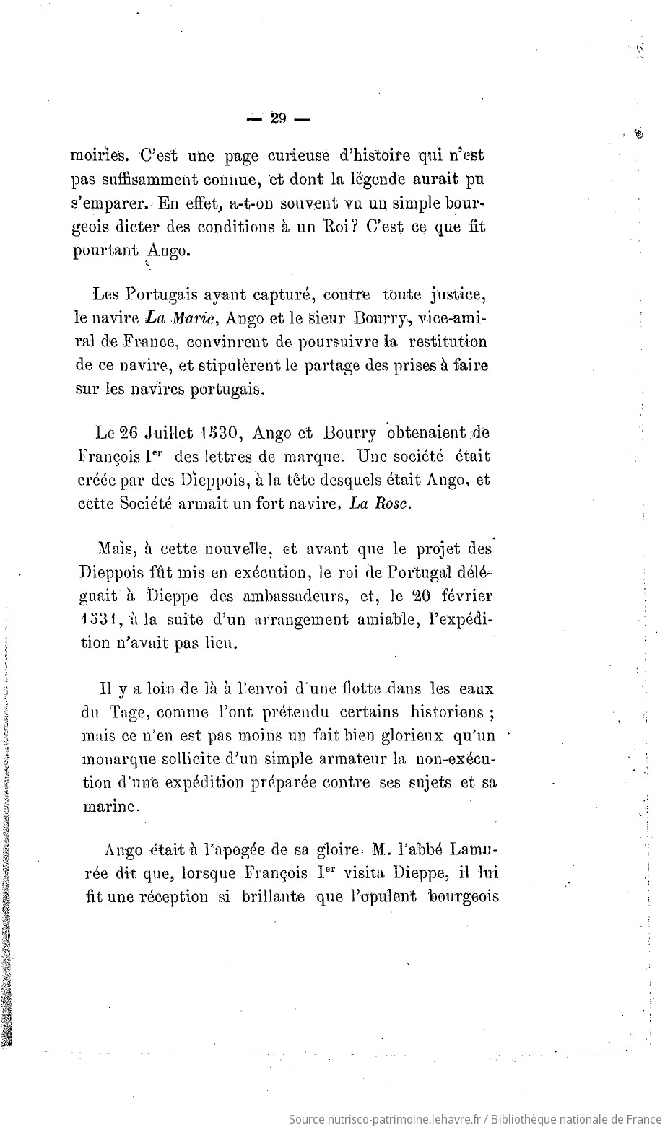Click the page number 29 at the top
(x=278, y=120)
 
